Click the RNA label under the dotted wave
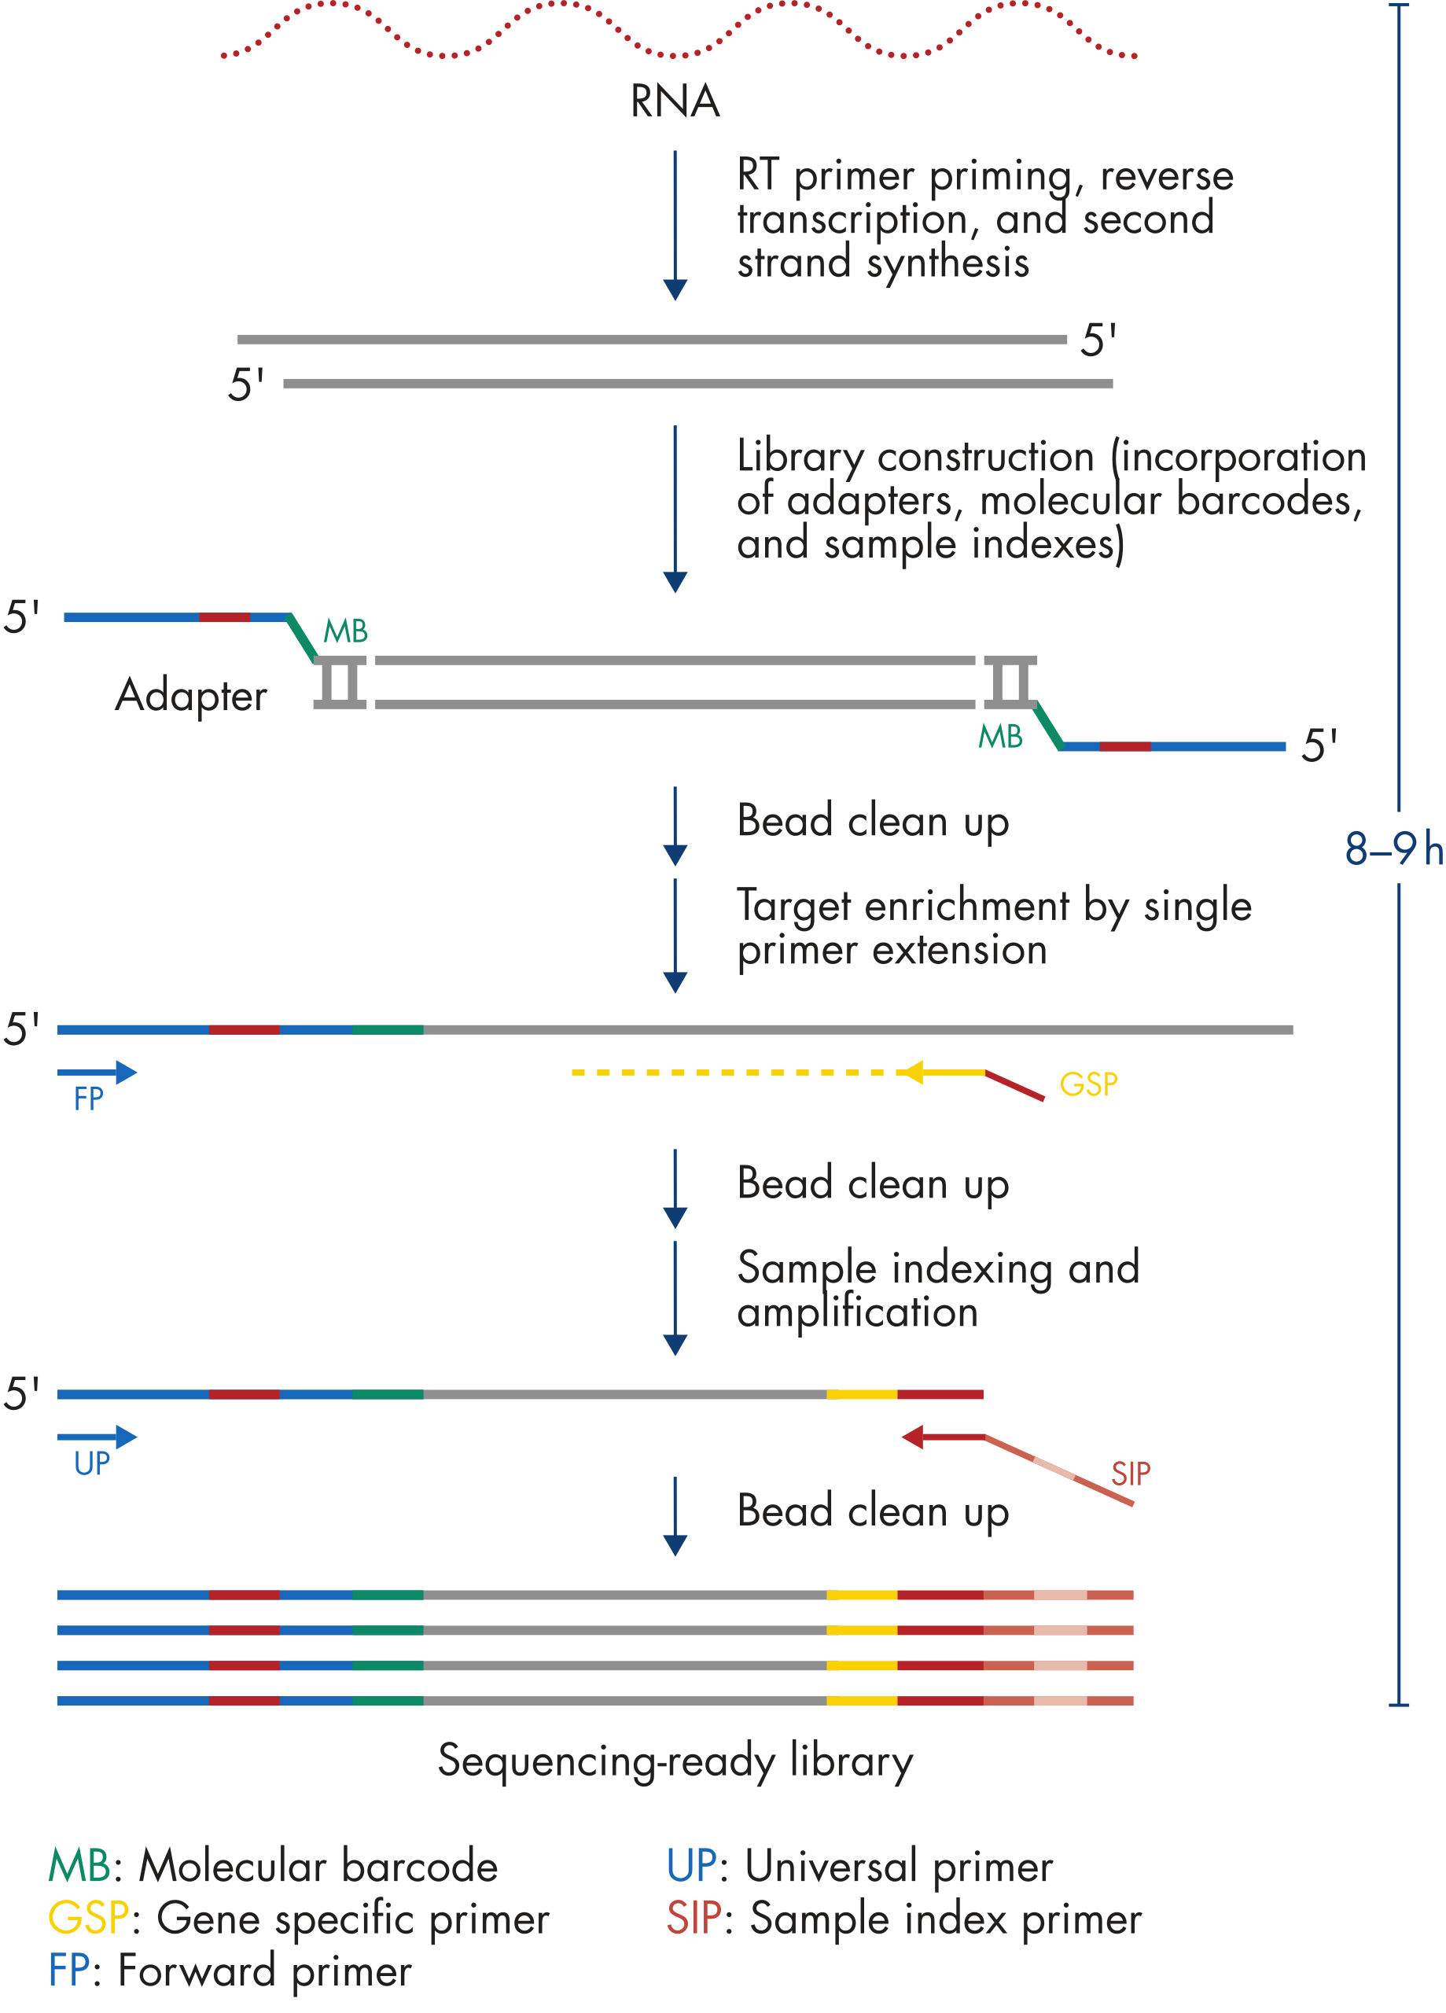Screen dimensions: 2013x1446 click(x=674, y=101)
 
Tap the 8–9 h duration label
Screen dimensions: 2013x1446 click(x=1393, y=848)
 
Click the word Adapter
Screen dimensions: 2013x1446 click(x=191, y=695)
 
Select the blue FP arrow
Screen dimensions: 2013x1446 click(x=98, y=1073)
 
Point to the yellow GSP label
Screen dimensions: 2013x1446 click(x=1088, y=1084)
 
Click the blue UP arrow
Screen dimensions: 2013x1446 click(x=98, y=1437)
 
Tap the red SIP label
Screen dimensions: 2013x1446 click(x=1130, y=1474)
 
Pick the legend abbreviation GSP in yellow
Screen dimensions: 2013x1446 click(x=88, y=1919)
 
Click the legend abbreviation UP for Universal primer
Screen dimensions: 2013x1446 click(x=691, y=1867)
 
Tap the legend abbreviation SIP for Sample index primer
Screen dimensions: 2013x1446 click(x=694, y=1919)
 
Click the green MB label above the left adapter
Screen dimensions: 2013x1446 click(x=345, y=631)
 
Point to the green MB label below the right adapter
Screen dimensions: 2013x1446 click(x=1000, y=737)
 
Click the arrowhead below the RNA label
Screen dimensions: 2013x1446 click(x=675, y=289)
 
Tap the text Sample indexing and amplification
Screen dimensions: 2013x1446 click(x=937, y=1289)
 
